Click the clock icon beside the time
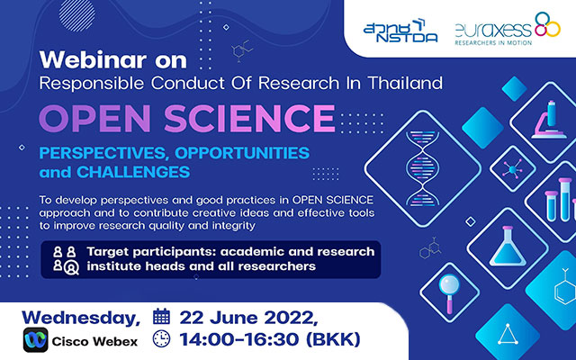[161, 339]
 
